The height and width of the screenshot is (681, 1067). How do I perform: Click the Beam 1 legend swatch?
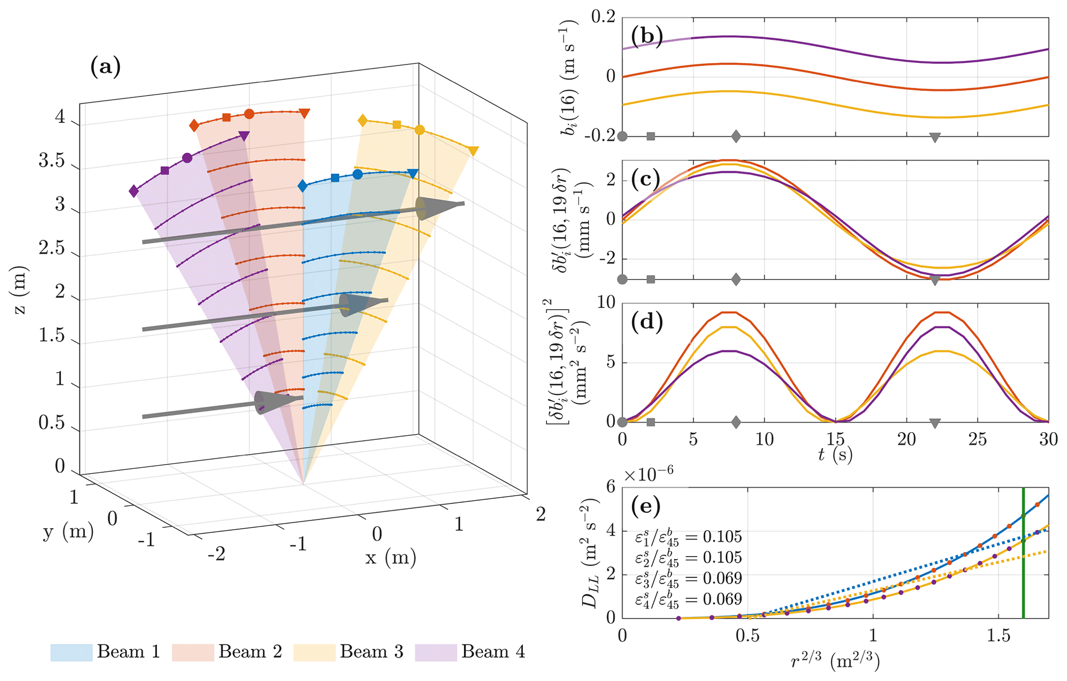pyautogui.click(x=71, y=653)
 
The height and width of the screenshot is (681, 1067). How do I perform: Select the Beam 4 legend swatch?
pyautogui.click(x=436, y=653)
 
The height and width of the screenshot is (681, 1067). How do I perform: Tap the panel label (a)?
pyautogui.click(x=105, y=67)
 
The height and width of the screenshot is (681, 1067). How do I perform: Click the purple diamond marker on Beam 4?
pyautogui.click(x=134, y=192)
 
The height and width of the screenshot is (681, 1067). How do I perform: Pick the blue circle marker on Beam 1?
pyautogui.click(x=357, y=175)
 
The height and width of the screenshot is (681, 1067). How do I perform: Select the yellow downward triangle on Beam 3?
pyautogui.click(x=473, y=151)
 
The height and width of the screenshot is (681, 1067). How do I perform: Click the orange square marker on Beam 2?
pyautogui.click(x=226, y=117)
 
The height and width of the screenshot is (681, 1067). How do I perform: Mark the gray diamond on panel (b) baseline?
pyautogui.click(x=736, y=136)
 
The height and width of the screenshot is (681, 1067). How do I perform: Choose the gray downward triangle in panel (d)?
pyautogui.click(x=934, y=423)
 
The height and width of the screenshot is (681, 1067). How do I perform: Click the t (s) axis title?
pyautogui.click(x=835, y=454)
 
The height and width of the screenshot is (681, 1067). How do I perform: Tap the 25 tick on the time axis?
pyautogui.click(x=977, y=440)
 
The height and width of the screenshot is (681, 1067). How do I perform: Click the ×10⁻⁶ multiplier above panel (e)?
pyautogui.click(x=648, y=474)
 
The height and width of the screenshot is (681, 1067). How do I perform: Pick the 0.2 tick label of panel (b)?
pyautogui.click(x=604, y=17)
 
